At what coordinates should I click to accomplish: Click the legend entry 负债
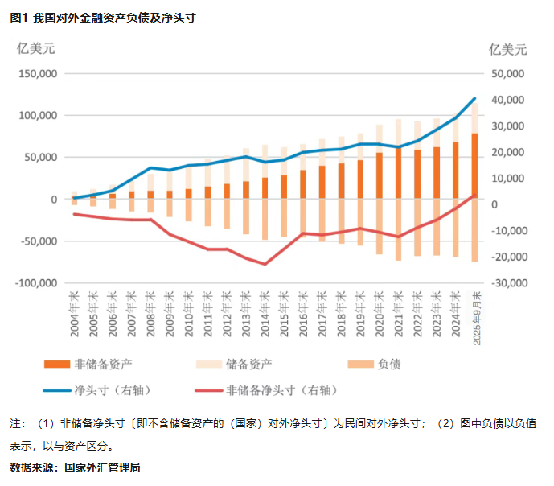(x=388, y=364)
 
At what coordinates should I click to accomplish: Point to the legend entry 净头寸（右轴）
(x=113, y=390)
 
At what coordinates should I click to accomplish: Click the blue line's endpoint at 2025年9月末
(x=474, y=98)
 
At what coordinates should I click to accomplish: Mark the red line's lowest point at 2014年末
(x=265, y=264)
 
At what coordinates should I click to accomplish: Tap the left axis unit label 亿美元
(x=36, y=48)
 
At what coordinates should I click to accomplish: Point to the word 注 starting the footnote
(x=14, y=422)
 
